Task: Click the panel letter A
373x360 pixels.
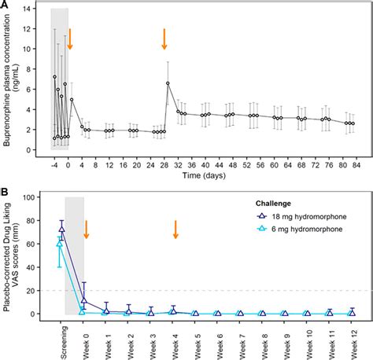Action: (x=6, y=6)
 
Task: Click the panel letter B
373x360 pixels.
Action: (x=6, y=191)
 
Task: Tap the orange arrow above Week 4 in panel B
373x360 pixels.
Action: (x=175, y=229)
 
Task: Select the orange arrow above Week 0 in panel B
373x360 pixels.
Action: (x=86, y=229)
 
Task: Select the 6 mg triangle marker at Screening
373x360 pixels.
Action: (x=60, y=244)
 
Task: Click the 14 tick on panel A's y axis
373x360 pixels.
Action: (x=38, y=9)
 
